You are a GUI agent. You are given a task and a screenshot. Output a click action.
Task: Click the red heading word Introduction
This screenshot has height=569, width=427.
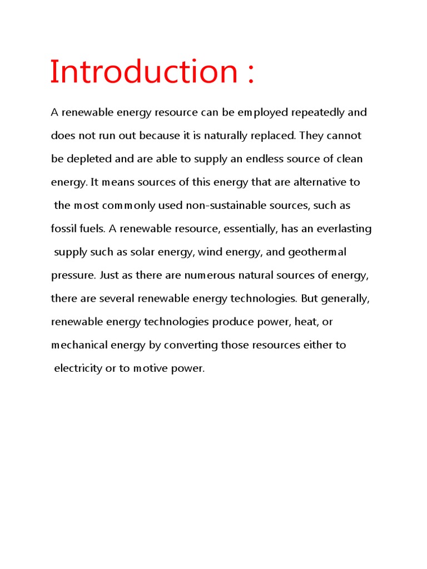click(x=144, y=72)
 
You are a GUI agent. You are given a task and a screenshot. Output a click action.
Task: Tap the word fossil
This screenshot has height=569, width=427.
click(x=62, y=229)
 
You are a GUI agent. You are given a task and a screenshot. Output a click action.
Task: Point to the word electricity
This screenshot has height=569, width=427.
click(x=78, y=368)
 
